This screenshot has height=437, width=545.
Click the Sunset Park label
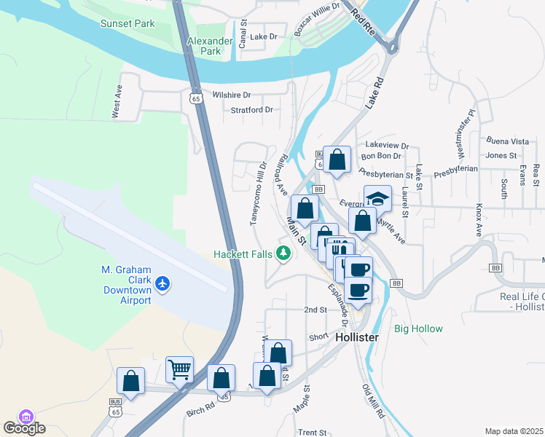tap(128, 24)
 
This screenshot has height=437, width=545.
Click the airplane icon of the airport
tap(162, 283)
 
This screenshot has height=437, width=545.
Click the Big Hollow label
tap(418, 328)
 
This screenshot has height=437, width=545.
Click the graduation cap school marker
tap(377, 198)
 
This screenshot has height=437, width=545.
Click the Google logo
tap(24, 428)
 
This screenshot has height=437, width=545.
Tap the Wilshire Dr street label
tap(231, 95)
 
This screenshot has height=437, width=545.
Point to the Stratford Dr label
tap(251, 110)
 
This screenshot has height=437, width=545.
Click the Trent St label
tap(312, 433)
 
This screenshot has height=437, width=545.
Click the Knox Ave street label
tap(479, 220)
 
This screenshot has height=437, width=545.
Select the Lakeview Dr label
tap(388, 145)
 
